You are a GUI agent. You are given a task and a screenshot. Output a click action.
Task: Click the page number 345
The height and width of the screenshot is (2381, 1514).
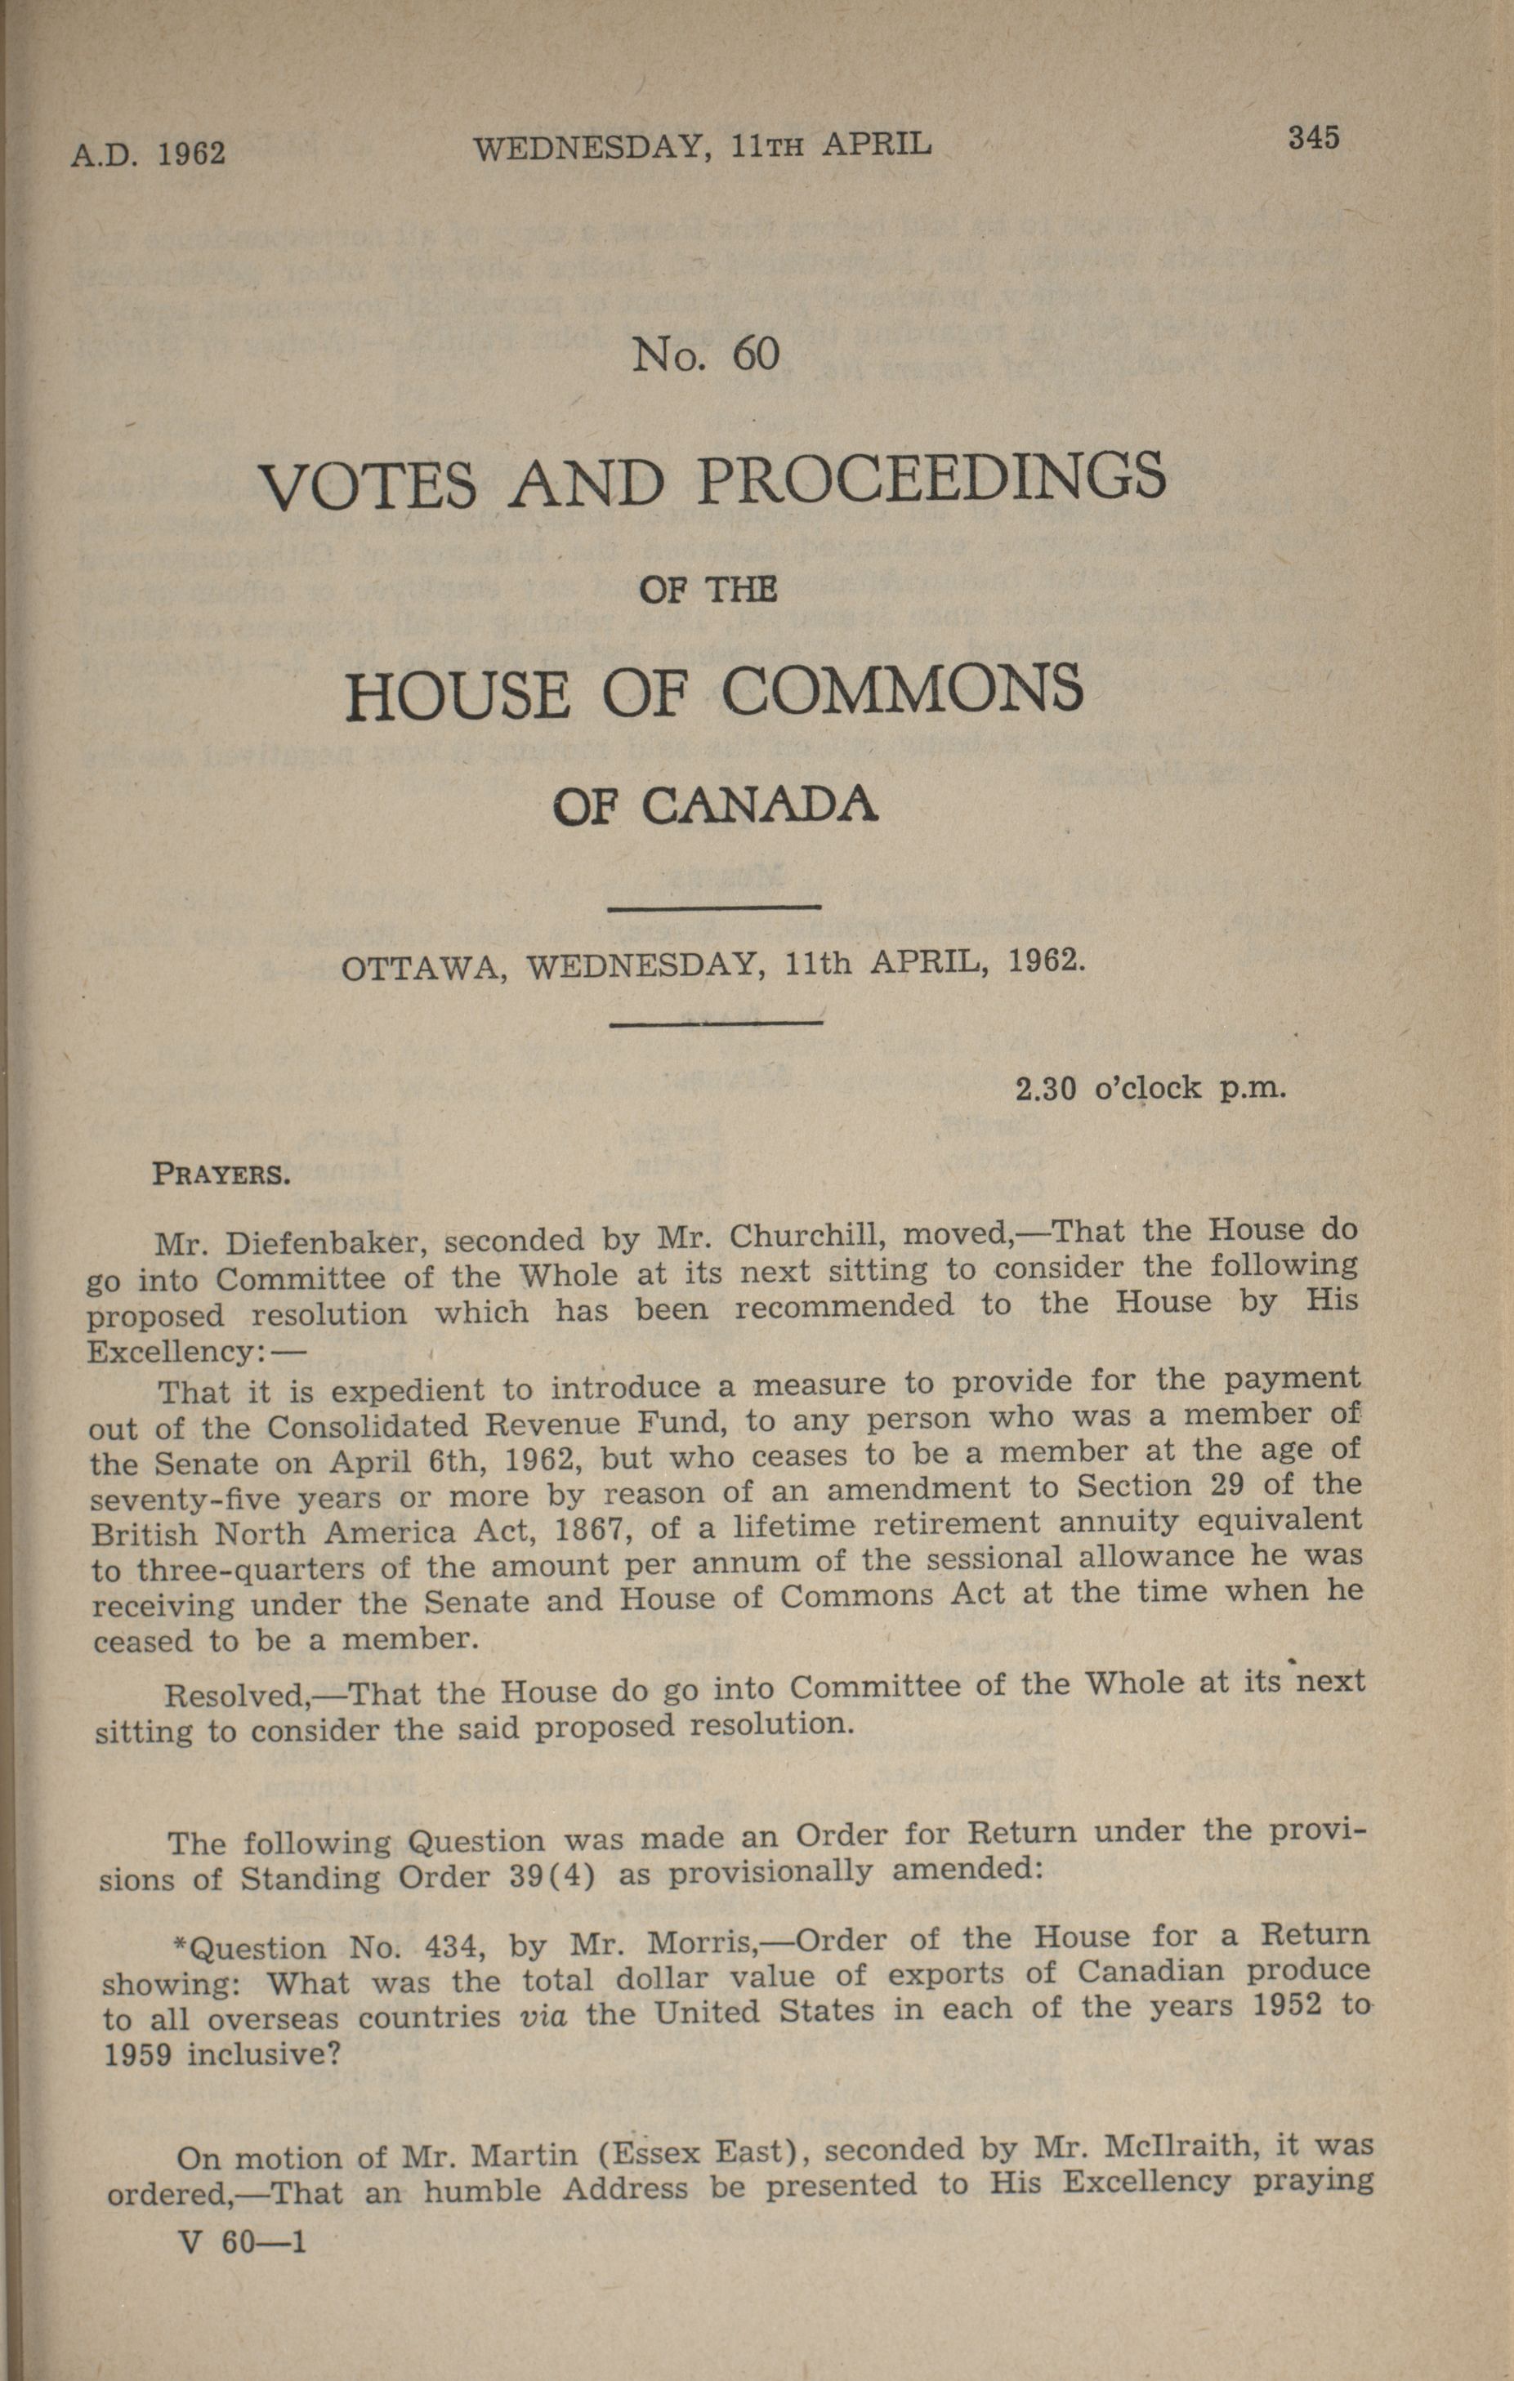[x=1312, y=137]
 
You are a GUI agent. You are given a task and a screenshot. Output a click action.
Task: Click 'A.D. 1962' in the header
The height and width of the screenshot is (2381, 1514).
[x=149, y=154]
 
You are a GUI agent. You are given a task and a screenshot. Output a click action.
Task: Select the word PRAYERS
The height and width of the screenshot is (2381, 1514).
[x=221, y=1175]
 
